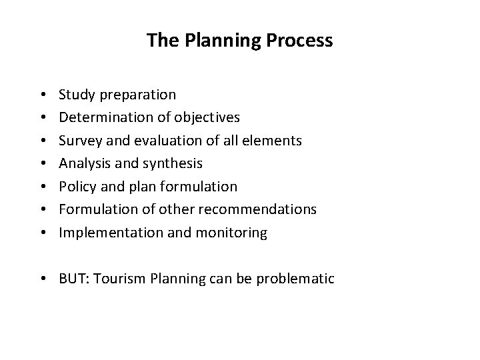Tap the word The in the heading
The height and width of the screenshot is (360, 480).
(160, 41)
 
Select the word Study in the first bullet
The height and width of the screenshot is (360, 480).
(75, 95)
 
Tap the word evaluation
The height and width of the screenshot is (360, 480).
(156, 141)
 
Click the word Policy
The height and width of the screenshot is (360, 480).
(75, 187)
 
